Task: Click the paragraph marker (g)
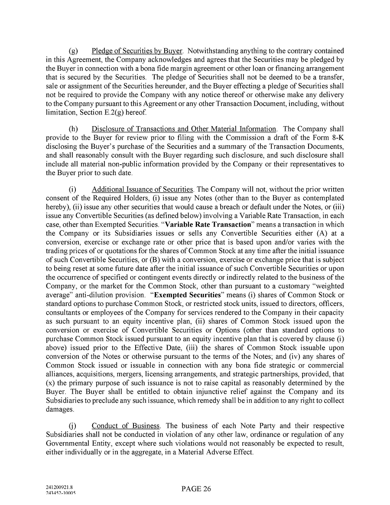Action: [73, 51]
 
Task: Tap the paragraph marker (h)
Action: [73, 129]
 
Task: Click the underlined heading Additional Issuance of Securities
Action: [143, 189]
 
